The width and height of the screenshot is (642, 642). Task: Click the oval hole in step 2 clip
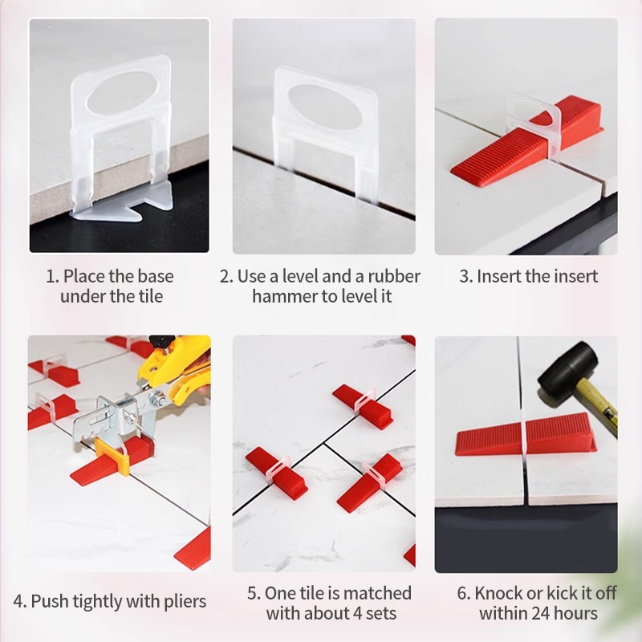point(326,108)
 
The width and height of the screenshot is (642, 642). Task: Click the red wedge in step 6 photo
point(526,435)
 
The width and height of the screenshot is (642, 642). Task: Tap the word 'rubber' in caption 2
point(393,276)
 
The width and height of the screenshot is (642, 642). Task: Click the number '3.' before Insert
point(466,276)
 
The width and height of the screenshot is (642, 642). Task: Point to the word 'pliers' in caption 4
point(185,602)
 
